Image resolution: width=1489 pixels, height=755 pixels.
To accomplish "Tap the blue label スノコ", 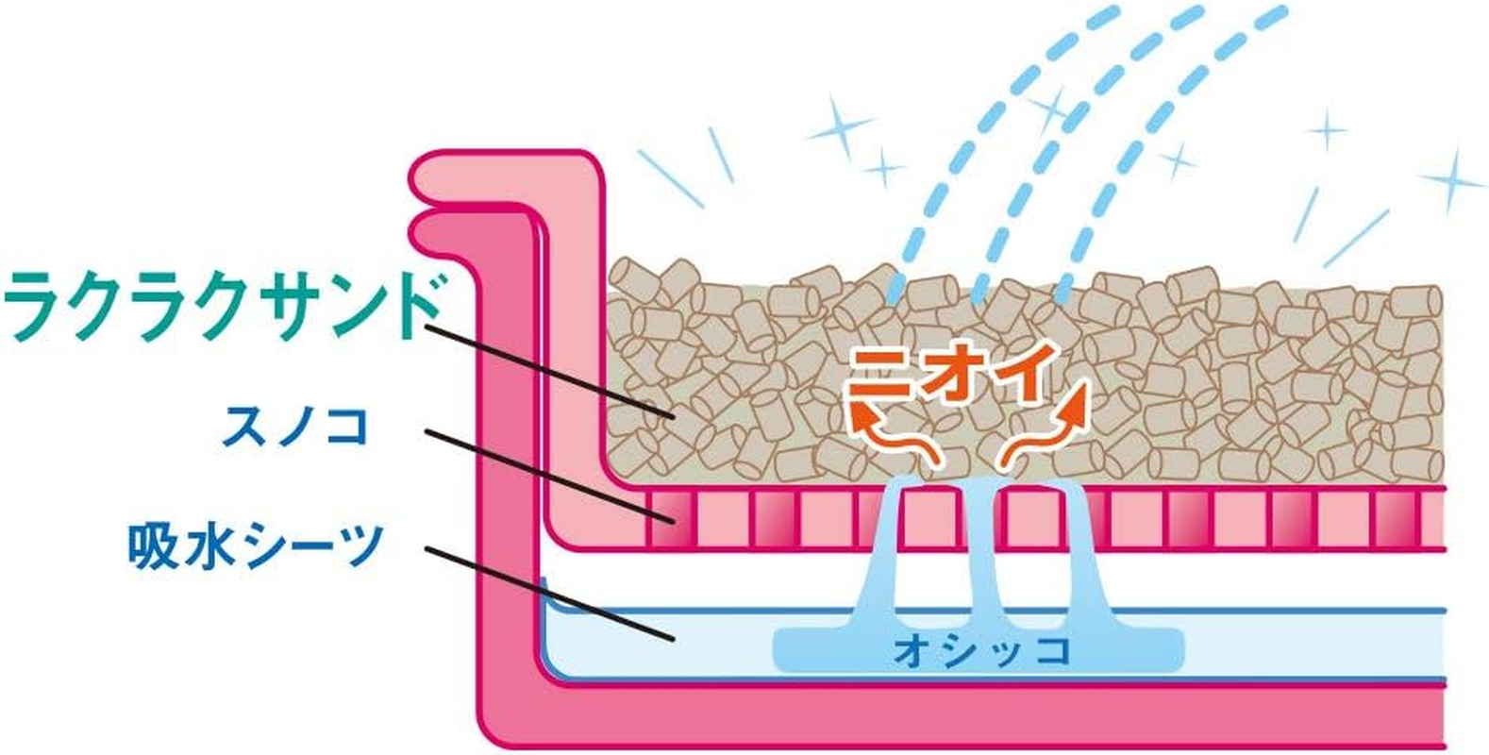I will coord(294,428).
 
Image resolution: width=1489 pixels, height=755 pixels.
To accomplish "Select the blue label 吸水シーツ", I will coord(255,546).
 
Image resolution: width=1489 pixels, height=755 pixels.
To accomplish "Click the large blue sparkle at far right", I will coord(1453,179).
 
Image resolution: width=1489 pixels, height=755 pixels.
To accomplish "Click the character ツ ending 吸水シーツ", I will coord(360,546).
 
